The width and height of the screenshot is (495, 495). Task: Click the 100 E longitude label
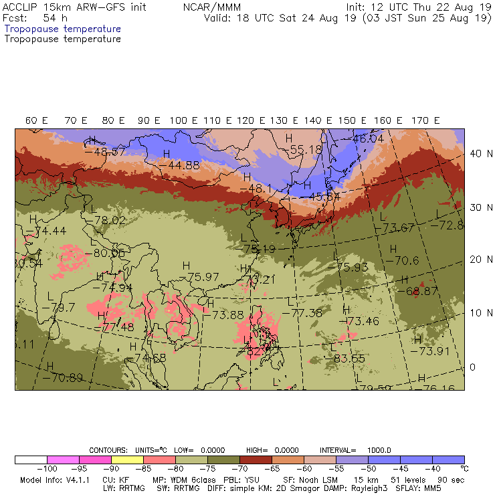pyautogui.click(x=183, y=120)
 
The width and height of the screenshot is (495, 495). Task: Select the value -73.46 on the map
pyautogui.click(x=362, y=321)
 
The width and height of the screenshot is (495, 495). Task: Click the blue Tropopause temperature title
pyautogui.click(x=63, y=29)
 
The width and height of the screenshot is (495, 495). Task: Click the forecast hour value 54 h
pyautogui.click(x=55, y=18)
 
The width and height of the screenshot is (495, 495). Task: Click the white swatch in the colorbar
pyautogui.click(x=31, y=460)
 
